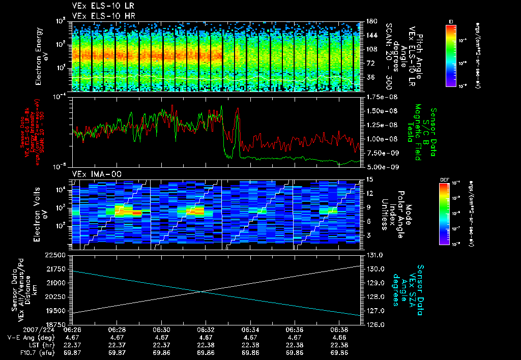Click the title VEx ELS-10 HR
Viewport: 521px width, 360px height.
tap(96, 16)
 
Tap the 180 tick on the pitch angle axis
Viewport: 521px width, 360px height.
tap(371, 21)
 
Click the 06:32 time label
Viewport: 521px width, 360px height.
tap(206, 329)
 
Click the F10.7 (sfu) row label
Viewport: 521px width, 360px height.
tap(22, 352)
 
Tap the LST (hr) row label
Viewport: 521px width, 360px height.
tap(24, 344)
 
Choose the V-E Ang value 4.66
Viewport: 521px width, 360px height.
tap(339, 337)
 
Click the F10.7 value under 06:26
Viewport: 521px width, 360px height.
tap(73, 352)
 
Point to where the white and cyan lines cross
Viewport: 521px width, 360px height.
tap(201, 291)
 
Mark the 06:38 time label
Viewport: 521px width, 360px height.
tap(339, 329)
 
